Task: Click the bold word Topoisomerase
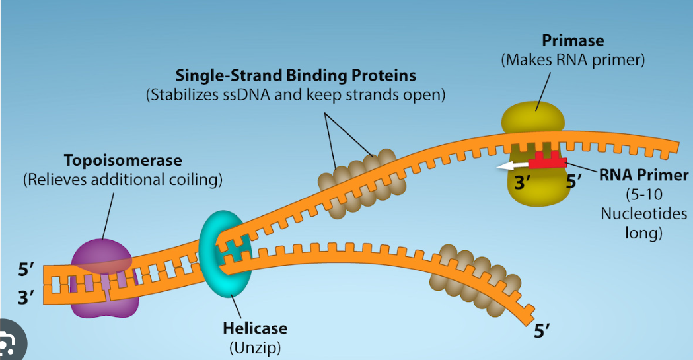pyautogui.click(x=123, y=161)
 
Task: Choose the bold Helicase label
pyautogui.click(x=254, y=328)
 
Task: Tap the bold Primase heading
pyautogui.click(x=573, y=41)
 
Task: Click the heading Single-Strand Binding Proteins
pyautogui.click(x=295, y=75)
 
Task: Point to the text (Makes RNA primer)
pyautogui.click(x=573, y=60)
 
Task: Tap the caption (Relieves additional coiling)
pyautogui.click(x=123, y=180)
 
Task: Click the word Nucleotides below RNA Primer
pyautogui.click(x=643, y=214)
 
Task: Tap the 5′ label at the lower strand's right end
pyautogui.click(x=542, y=328)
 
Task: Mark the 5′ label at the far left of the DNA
pyautogui.click(x=26, y=270)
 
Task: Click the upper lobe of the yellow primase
pyautogui.click(x=533, y=118)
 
